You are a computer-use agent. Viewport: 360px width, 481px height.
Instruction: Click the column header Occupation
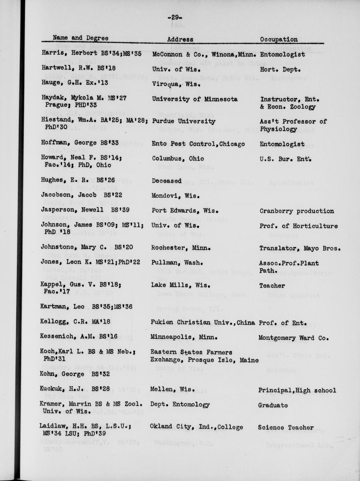[x=279, y=39]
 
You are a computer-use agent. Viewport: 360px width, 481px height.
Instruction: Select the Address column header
[x=180, y=40]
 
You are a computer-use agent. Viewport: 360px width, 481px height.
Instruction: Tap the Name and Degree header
[x=81, y=38]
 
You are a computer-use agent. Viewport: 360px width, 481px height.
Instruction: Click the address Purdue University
[x=184, y=121]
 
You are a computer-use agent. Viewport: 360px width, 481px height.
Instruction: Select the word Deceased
[x=167, y=181]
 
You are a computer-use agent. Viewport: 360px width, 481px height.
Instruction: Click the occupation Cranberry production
[x=297, y=211]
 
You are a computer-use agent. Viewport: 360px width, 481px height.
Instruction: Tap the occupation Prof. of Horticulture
[x=298, y=226]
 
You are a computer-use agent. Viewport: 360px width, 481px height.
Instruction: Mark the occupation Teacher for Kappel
[x=272, y=285]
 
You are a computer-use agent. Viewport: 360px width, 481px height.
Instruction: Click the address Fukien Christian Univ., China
[x=202, y=322]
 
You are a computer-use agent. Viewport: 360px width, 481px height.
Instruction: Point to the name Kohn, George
[x=62, y=374]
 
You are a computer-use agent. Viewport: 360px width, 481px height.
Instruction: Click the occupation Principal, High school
[x=297, y=390]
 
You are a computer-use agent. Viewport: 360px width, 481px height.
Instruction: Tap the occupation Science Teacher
[x=286, y=427]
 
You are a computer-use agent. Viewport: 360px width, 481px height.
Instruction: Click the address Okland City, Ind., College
[x=196, y=427]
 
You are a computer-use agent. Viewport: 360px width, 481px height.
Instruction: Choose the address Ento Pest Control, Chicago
[x=198, y=144]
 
